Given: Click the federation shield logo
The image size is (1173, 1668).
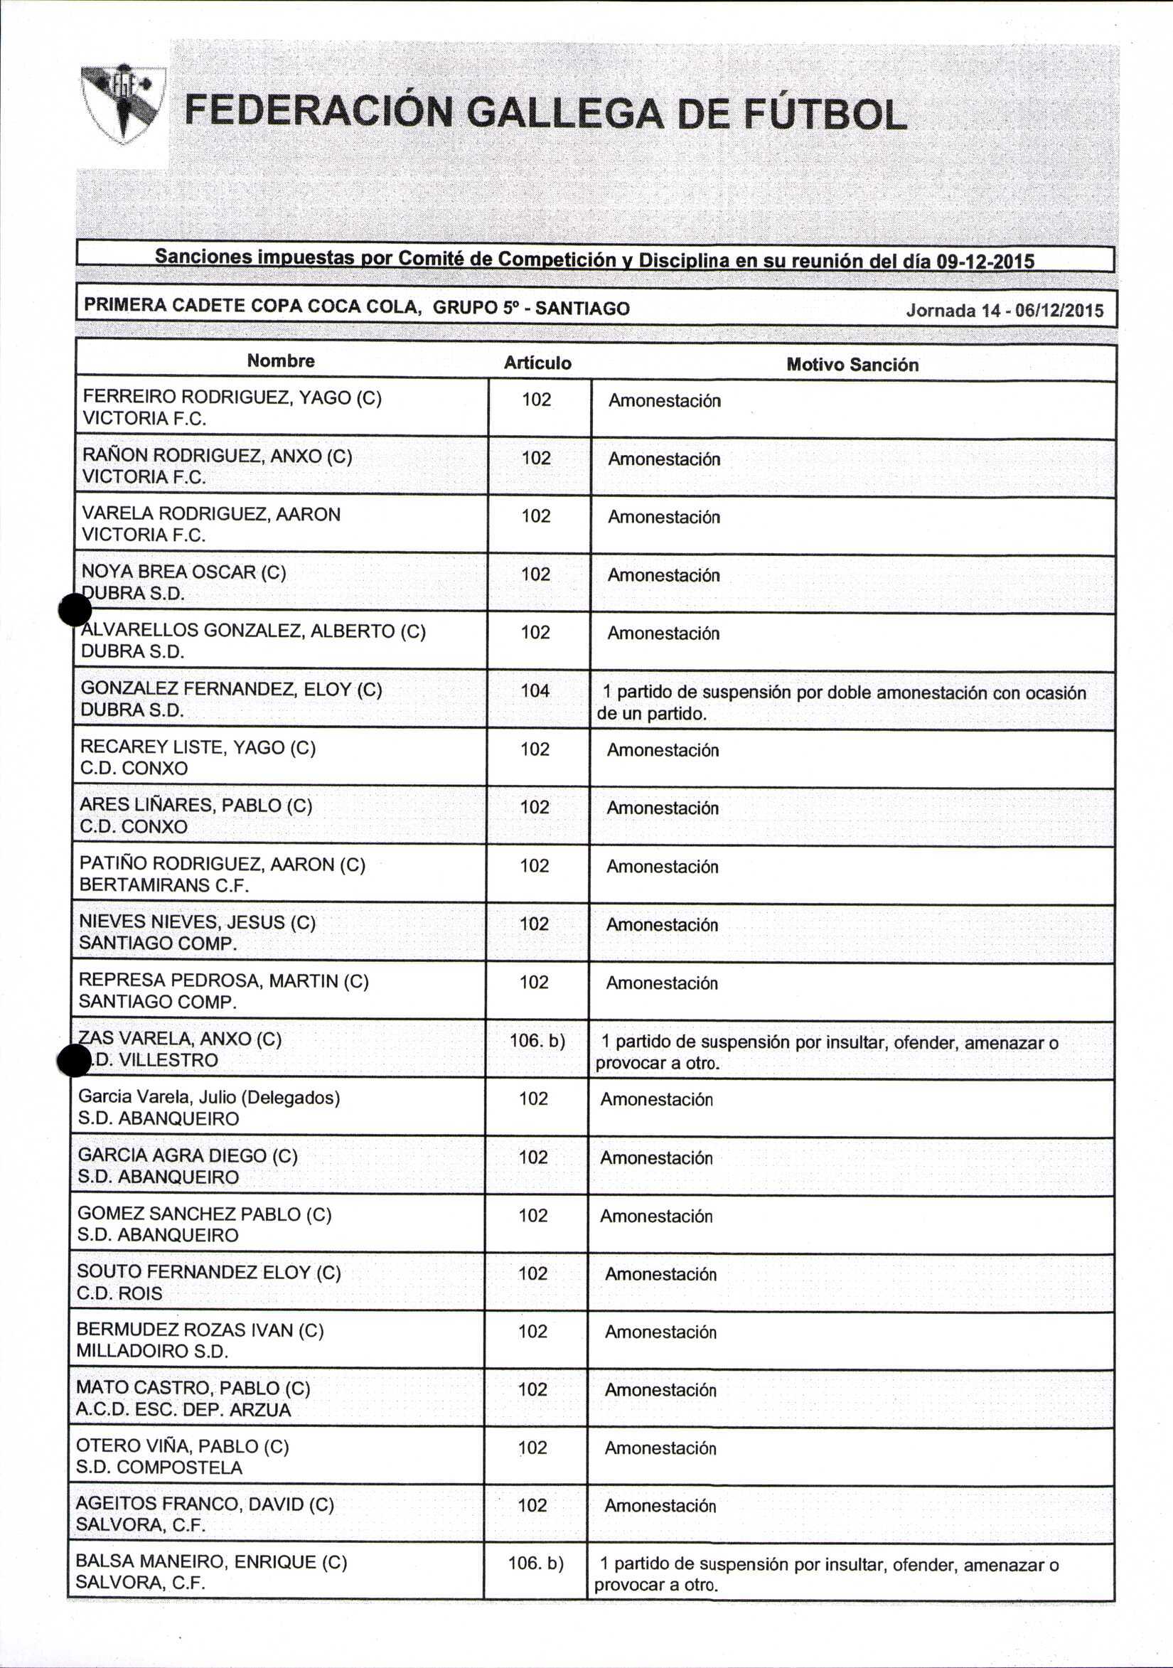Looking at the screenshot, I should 122,103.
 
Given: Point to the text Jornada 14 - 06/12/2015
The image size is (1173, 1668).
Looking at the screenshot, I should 1005,311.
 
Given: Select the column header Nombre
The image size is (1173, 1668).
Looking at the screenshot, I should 280,361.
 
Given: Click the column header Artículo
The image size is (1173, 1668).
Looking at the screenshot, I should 537,363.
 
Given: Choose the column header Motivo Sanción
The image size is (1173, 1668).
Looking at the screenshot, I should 852,365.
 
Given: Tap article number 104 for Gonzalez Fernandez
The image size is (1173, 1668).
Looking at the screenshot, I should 535,690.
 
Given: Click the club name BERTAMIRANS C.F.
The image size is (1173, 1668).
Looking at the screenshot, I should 164,885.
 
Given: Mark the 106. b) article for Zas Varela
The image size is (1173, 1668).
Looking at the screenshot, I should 537,1040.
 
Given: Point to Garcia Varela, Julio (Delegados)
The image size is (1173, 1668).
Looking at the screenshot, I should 209,1097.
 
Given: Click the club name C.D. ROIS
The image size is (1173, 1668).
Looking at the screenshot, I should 119,1293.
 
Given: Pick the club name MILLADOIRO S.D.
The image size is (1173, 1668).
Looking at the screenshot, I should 153,1352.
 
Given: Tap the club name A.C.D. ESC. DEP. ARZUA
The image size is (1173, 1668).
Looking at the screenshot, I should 183,1409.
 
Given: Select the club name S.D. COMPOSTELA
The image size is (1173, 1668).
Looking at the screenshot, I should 159,1467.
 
